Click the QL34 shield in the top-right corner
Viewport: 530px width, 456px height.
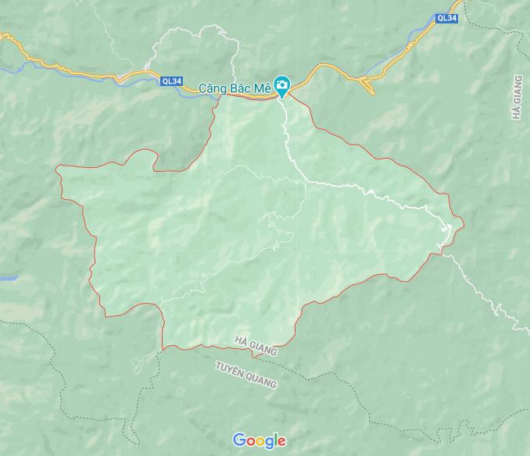coord(446,17)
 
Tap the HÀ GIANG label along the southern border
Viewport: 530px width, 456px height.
coord(256,346)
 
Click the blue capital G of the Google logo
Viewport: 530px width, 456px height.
coord(239,440)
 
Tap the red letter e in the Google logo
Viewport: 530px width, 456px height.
coord(281,442)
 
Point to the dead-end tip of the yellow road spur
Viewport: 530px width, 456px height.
coord(373,93)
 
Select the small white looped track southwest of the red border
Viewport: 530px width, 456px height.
coord(141,361)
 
